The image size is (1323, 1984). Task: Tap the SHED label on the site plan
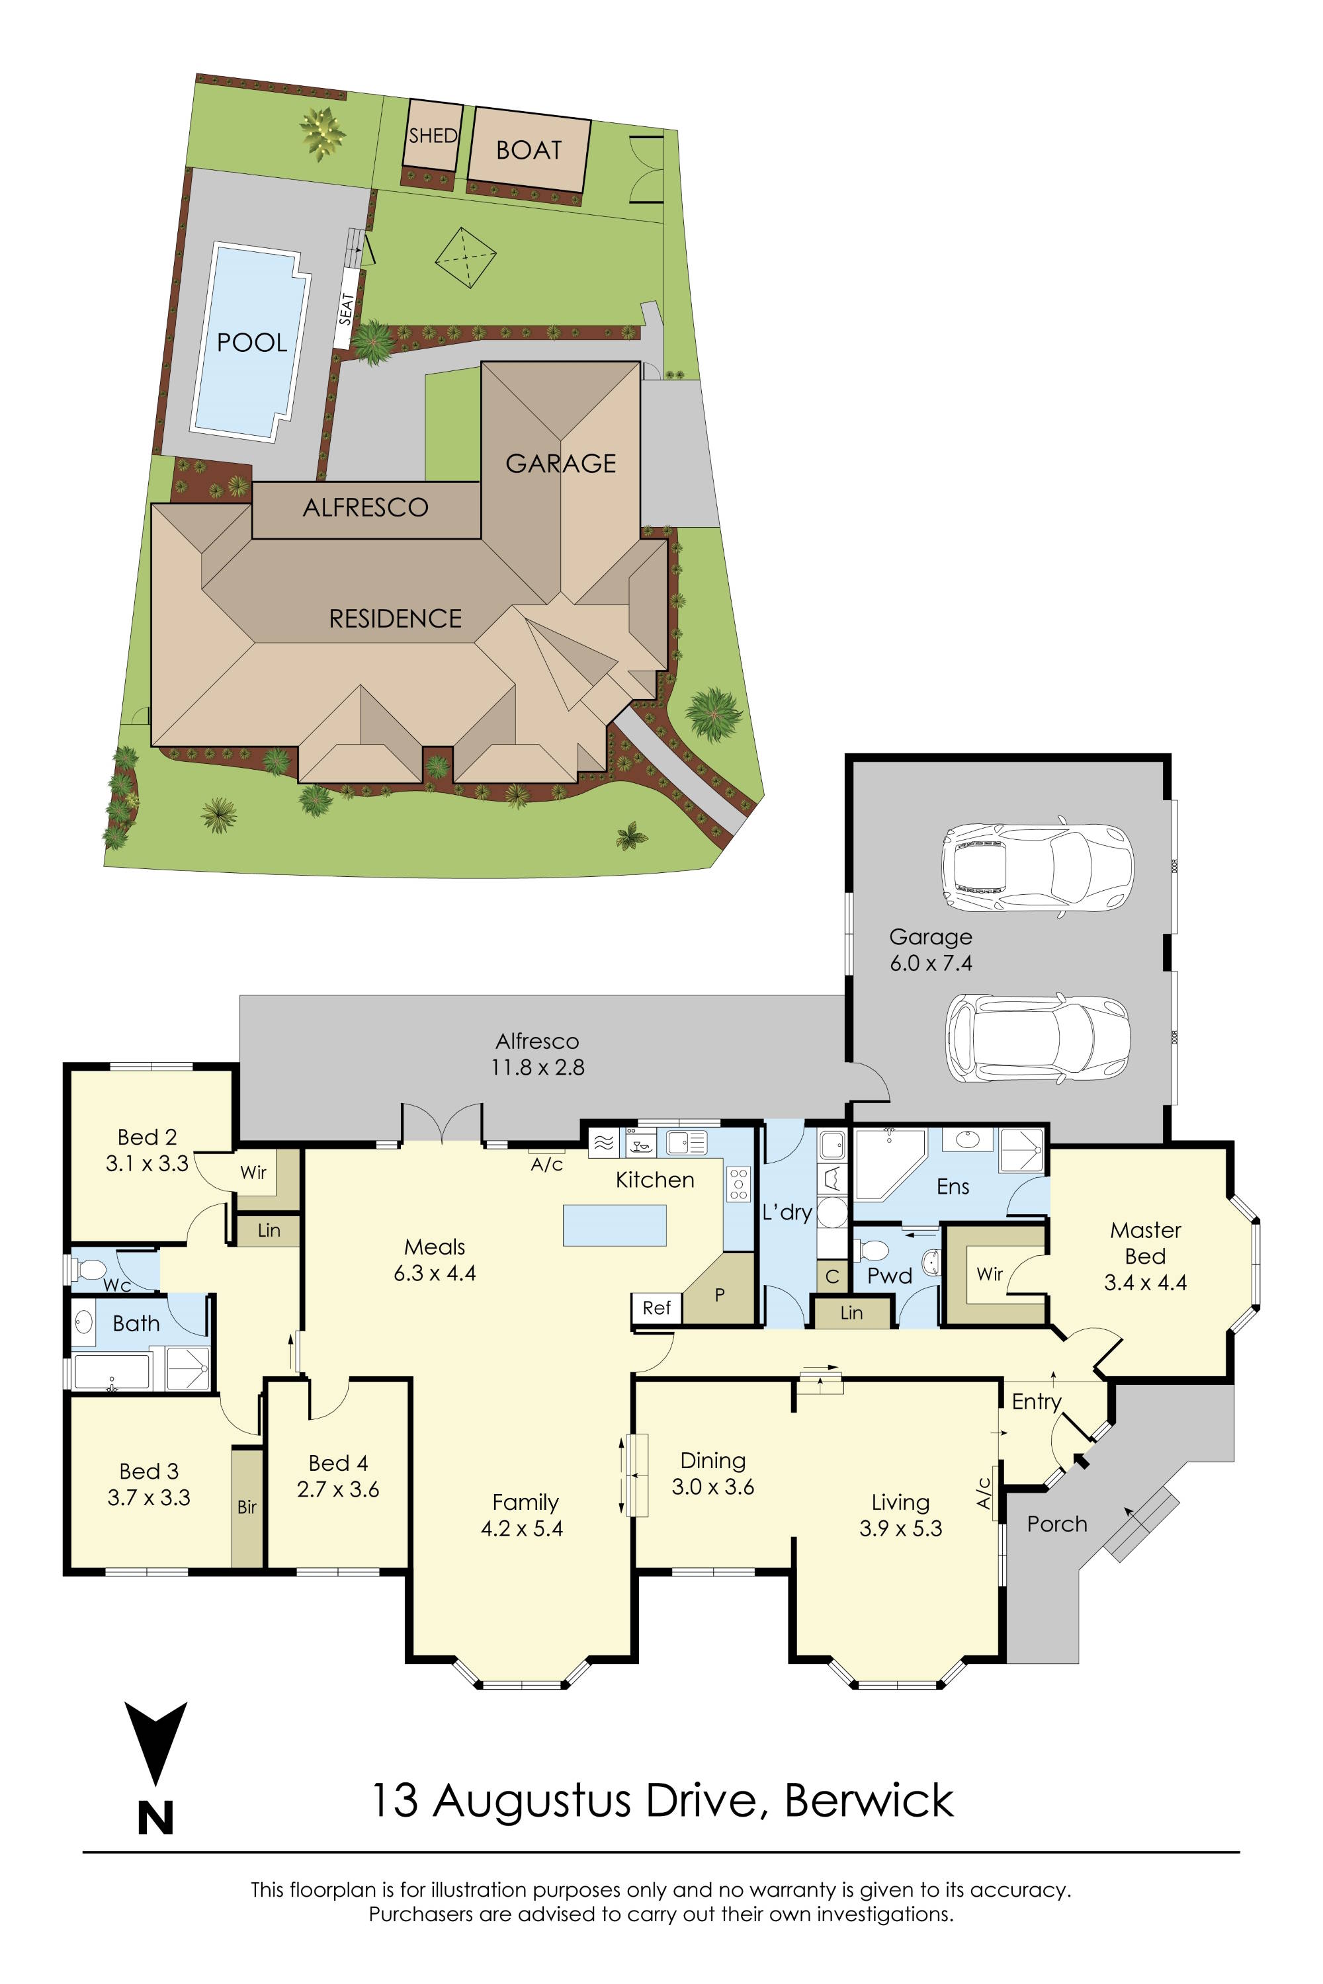point(433,136)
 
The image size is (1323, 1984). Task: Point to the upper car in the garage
point(1037,866)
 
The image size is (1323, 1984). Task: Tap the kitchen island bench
point(615,1225)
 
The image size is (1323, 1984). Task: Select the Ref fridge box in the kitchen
point(656,1307)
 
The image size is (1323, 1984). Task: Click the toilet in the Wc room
point(90,1268)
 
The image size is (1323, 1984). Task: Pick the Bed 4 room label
point(337,1463)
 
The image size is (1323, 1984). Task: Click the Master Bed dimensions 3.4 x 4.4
point(1145,1283)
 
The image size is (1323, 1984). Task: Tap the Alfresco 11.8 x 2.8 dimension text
point(537,1067)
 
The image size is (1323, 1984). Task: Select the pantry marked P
point(720,1295)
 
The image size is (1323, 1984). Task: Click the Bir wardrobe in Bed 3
point(246,1507)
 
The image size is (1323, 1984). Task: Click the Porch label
point(1056,1524)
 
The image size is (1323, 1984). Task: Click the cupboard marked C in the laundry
point(832,1276)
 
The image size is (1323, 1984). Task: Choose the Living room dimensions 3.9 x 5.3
point(900,1528)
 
